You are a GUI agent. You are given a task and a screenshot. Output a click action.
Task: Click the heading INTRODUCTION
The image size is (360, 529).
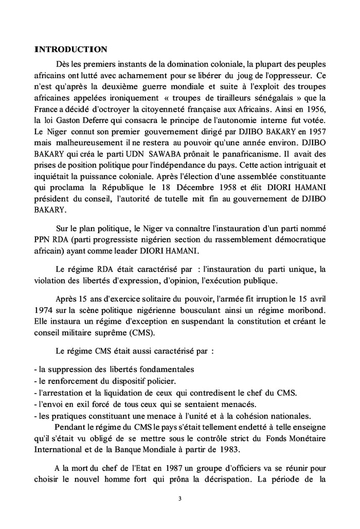click(70, 49)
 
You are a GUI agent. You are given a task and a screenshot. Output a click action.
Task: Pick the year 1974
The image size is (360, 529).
click(44, 310)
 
